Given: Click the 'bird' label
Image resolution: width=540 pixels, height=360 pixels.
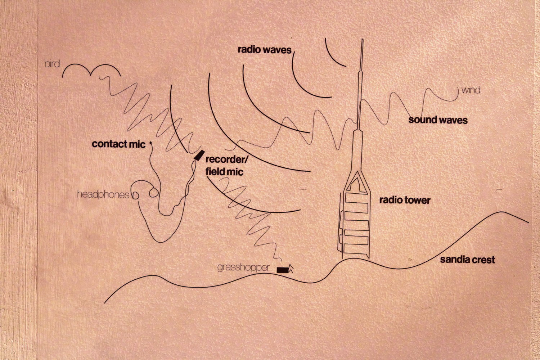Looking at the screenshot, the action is coord(52,64).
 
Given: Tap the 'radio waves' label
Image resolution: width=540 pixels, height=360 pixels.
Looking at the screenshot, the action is coord(265,49).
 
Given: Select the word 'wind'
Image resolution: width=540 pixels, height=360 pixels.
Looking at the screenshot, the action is coord(471,90).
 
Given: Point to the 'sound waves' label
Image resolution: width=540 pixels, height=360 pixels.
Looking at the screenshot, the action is coord(438,120).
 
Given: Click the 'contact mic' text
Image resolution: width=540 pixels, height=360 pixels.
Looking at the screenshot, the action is coord(118,144).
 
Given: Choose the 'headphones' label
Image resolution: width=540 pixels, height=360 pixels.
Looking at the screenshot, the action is coord(103,194).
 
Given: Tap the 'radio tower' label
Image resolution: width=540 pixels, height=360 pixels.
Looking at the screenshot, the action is coord(405,200).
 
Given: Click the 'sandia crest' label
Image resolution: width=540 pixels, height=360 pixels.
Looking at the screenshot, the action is coord(467,260).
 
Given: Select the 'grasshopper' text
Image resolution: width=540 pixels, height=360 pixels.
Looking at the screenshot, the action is coord(243,267).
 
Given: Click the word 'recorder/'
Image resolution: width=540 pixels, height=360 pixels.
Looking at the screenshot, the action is coord(227,159).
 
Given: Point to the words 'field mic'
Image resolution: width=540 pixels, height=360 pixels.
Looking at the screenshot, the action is coord(224,171).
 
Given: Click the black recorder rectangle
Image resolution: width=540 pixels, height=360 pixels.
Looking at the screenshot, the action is coord(199,155).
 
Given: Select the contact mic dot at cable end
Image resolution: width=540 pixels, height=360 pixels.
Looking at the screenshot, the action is coord(151,143).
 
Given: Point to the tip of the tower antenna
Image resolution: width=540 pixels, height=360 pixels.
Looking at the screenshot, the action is coord(362,39).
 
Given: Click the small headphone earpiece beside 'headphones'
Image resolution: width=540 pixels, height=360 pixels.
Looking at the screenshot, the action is coord(135,195).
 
